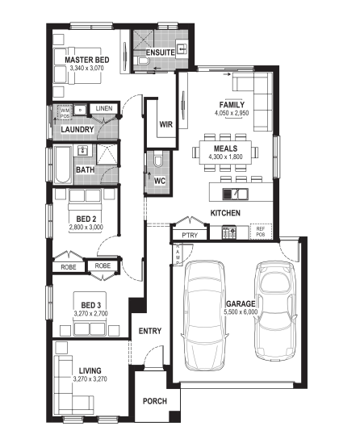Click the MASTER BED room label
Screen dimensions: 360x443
click(87, 60)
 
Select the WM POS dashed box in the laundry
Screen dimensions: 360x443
click(65, 112)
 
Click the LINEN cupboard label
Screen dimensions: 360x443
click(103, 108)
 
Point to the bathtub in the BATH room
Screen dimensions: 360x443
click(63, 165)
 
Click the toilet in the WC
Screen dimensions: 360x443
click(157, 159)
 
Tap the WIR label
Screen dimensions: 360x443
click(165, 124)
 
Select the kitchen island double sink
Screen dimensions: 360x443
click(236, 194)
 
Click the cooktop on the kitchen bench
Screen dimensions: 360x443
click(229, 232)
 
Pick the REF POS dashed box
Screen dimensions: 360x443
click(261, 232)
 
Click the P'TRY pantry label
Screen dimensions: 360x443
click(190, 236)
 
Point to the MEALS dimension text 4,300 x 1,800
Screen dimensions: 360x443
click(225, 157)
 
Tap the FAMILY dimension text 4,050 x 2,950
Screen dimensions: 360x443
click(232, 113)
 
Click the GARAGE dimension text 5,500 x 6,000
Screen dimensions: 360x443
click(241, 312)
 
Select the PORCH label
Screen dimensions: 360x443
click(155, 401)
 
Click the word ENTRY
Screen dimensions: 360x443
click(150, 331)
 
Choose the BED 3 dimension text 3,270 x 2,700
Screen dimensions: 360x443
click(90, 313)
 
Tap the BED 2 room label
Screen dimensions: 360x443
click(86, 219)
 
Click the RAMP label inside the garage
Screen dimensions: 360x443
click(178, 254)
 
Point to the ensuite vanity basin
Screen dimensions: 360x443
click(182, 49)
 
